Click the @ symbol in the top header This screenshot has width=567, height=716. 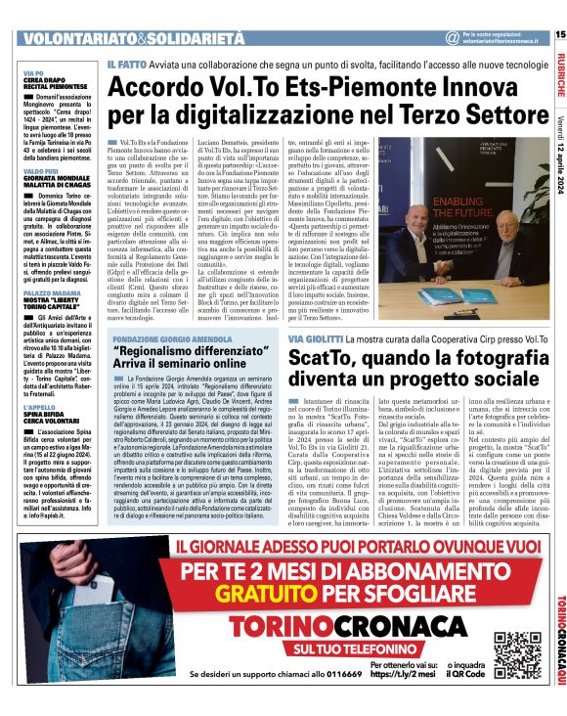(x=452, y=37)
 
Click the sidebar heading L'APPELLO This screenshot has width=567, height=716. (x=39, y=379)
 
